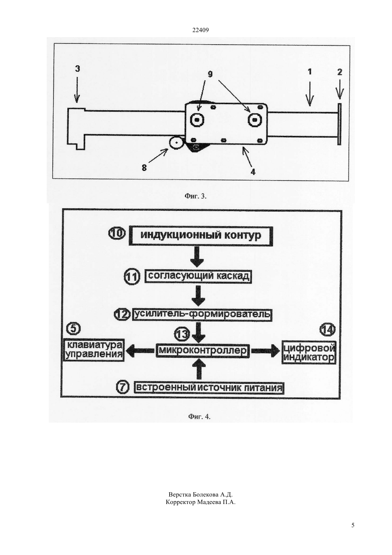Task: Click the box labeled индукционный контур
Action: coord(201,236)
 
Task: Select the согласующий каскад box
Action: coord(198,277)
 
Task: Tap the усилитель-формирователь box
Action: coord(202,315)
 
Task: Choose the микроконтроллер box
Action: coord(203,350)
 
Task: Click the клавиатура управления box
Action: coord(94,350)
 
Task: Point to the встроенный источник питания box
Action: coord(209,388)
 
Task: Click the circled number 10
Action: coord(117,234)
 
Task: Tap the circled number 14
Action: coord(327,330)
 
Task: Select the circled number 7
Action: coord(123,387)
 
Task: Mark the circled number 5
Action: coord(73,329)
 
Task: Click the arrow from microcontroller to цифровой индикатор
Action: coord(266,351)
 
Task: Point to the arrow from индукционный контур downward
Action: coord(197,257)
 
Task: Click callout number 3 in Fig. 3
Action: coord(77,68)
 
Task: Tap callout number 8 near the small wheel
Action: coord(144,168)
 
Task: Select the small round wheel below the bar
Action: coord(176,143)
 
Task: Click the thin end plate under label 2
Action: coord(339,124)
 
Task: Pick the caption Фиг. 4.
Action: coord(199,417)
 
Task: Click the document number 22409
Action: coord(200,30)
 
